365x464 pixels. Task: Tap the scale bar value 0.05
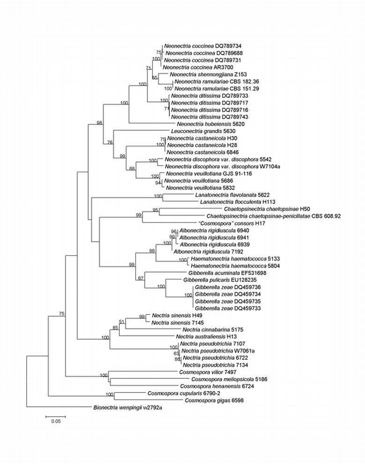[x=56, y=421]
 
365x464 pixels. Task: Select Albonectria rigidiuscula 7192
[x=201, y=252]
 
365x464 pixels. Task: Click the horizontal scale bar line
[x=56, y=415]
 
